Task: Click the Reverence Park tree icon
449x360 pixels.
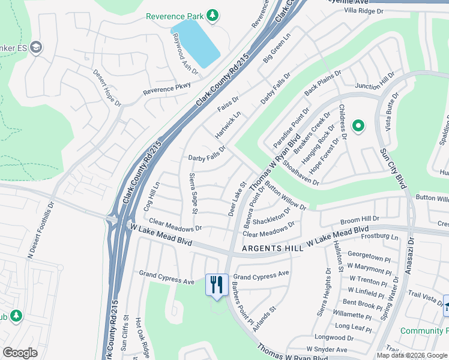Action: point(211,14)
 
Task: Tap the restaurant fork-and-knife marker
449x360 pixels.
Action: point(217,284)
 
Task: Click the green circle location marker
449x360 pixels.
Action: point(358,126)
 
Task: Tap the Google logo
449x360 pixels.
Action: point(20,353)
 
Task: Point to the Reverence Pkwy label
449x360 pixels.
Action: point(167,88)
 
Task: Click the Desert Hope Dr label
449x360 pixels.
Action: point(107,88)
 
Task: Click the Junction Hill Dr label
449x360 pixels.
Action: point(374,82)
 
